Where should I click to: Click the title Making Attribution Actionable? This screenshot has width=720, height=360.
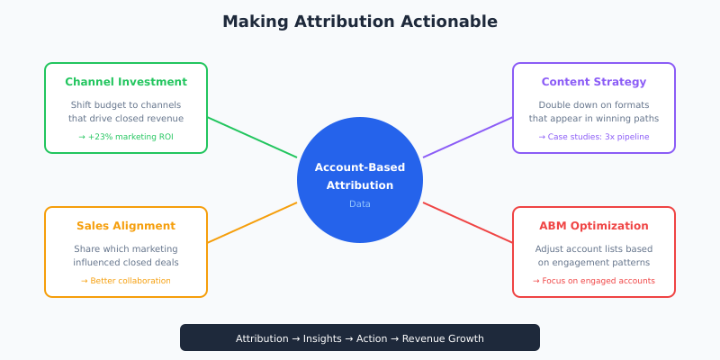(360, 21)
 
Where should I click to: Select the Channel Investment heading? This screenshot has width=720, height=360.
(126, 82)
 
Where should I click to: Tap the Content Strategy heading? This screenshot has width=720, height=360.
(594, 82)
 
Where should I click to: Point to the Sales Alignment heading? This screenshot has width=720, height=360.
(126, 226)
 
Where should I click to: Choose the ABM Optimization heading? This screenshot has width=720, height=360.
(594, 226)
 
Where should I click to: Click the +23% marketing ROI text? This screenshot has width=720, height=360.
(126, 137)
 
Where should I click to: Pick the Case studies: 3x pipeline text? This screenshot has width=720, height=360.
(594, 137)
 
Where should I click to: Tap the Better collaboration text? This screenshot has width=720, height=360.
(126, 281)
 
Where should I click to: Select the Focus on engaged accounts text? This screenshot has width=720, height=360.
(594, 281)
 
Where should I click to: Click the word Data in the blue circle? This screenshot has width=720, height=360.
(360, 204)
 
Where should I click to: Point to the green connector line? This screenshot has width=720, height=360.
(252, 137)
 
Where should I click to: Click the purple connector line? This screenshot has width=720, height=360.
(468, 137)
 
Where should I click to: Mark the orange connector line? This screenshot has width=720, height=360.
(252, 222)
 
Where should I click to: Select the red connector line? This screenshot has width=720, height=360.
(468, 222)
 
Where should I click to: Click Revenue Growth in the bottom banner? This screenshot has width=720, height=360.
(443, 338)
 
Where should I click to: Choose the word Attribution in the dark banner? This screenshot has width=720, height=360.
(262, 338)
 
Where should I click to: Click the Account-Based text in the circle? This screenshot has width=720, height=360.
(360, 167)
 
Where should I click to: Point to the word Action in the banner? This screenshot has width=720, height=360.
(371, 338)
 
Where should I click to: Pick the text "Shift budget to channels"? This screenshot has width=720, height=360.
(126, 104)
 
